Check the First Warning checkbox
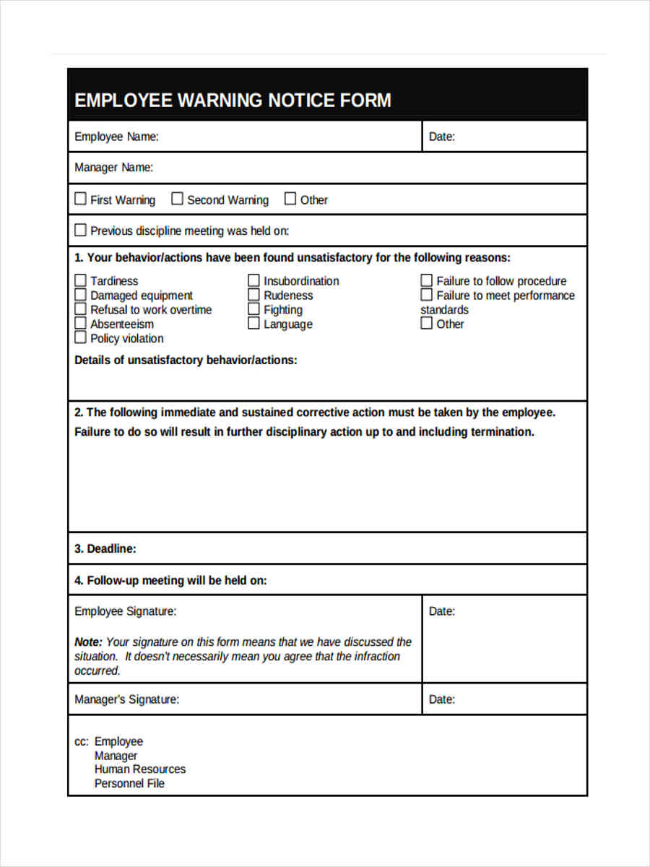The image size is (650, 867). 80,199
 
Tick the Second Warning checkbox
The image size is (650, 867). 177,199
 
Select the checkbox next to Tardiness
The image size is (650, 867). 80,280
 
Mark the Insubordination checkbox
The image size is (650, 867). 253,280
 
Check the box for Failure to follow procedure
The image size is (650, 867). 427,280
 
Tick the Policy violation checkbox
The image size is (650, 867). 80,337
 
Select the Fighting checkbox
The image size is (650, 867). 253,309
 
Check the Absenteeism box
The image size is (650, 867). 80,324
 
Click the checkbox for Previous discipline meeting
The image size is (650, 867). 80,230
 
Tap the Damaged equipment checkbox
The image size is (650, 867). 80,295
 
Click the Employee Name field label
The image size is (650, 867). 116,137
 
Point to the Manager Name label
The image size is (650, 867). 113,168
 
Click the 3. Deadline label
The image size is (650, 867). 105,549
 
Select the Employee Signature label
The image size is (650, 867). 125,611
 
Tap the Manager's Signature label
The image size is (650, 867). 126,699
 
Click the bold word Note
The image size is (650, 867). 88,642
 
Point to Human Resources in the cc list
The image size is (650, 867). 139,769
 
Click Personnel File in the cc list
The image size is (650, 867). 129,783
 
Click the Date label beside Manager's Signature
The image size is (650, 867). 441,699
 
